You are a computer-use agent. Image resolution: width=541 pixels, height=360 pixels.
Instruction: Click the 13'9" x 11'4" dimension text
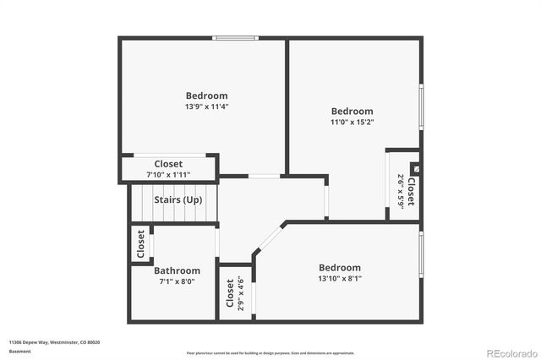click(x=207, y=107)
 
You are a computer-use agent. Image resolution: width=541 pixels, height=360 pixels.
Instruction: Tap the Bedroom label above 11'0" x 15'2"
click(x=352, y=112)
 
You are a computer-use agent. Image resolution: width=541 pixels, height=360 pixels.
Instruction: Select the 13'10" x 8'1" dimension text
click(x=340, y=279)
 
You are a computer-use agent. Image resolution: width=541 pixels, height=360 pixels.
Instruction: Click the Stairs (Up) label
click(x=178, y=200)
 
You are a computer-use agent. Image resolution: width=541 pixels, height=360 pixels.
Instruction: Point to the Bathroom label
click(x=177, y=271)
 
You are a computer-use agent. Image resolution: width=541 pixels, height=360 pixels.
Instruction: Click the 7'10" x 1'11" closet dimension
click(x=168, y=175)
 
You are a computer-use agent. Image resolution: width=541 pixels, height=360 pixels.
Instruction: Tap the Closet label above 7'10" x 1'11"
click(x=168, y=164)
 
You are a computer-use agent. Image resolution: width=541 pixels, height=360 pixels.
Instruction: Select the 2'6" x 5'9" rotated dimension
click(x=400, y=191)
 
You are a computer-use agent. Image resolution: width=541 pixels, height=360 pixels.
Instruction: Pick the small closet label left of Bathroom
click(x=141, y=245)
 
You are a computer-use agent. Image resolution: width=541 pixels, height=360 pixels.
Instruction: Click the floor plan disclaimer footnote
click(x=270, y=352)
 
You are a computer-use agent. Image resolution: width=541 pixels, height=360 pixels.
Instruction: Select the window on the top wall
click(x=234, y=37)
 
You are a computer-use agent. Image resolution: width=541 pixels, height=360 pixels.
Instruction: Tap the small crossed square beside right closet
click(x=413, y=168)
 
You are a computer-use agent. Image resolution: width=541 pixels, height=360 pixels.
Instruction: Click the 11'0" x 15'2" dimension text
click(x=352, y=123)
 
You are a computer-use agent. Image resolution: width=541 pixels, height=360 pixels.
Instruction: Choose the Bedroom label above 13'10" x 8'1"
click(x=340, y=268)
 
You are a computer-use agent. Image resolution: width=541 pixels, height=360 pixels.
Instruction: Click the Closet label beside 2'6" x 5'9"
click(x=411, y=192)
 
